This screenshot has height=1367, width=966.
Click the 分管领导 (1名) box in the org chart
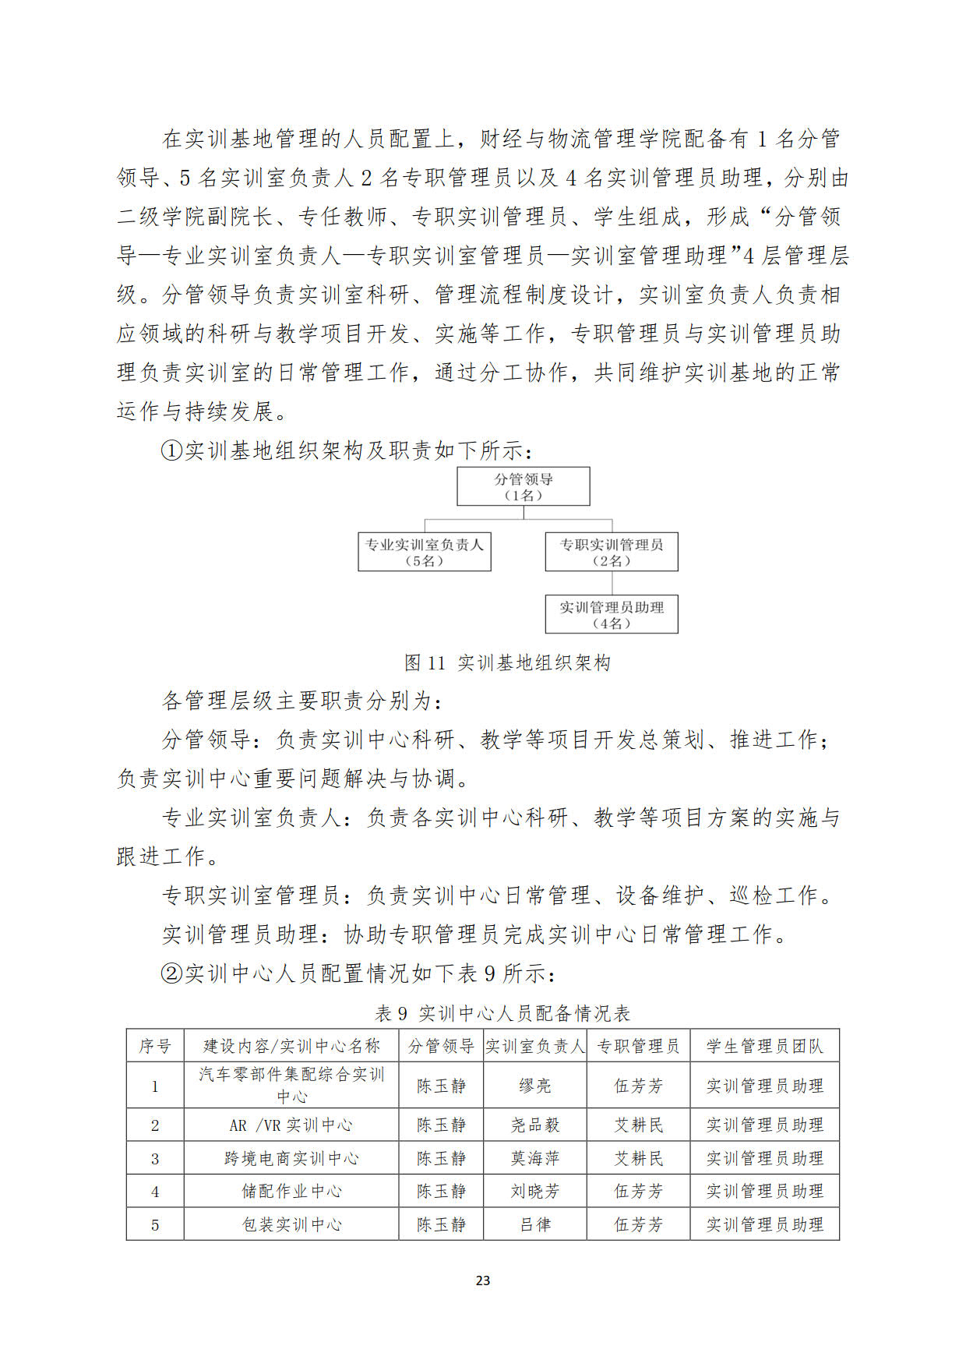[523, 486]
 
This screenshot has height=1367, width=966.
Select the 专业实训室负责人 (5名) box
[424, 552]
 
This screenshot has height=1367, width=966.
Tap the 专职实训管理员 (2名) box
[611, 552]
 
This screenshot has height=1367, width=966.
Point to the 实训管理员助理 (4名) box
[611, 614]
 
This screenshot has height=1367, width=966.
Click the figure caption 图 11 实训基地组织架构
[507, 662]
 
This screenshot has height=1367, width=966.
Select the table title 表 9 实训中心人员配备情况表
[502, 1013]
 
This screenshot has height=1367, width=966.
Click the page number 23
[483, 1280]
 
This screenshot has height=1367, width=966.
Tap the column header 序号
[155, 1046]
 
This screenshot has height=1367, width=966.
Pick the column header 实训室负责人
[534, 1046]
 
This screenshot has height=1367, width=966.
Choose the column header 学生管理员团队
[764, 1046]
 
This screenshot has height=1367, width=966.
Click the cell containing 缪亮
[534, 1086]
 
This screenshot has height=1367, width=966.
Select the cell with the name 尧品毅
[534, 1125]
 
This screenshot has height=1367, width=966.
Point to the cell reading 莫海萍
[534, 1159]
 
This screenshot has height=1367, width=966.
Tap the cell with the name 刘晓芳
[534, 1192]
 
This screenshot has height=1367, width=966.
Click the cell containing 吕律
[534, 1224]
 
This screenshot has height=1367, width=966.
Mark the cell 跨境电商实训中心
[291, 1159]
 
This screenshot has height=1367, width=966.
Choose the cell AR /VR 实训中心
[291, 1125]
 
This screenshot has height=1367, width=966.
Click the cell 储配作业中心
[291, 1192]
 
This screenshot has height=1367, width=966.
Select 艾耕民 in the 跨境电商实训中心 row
[638, 1159]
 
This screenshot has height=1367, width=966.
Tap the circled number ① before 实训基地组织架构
[171, 450]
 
